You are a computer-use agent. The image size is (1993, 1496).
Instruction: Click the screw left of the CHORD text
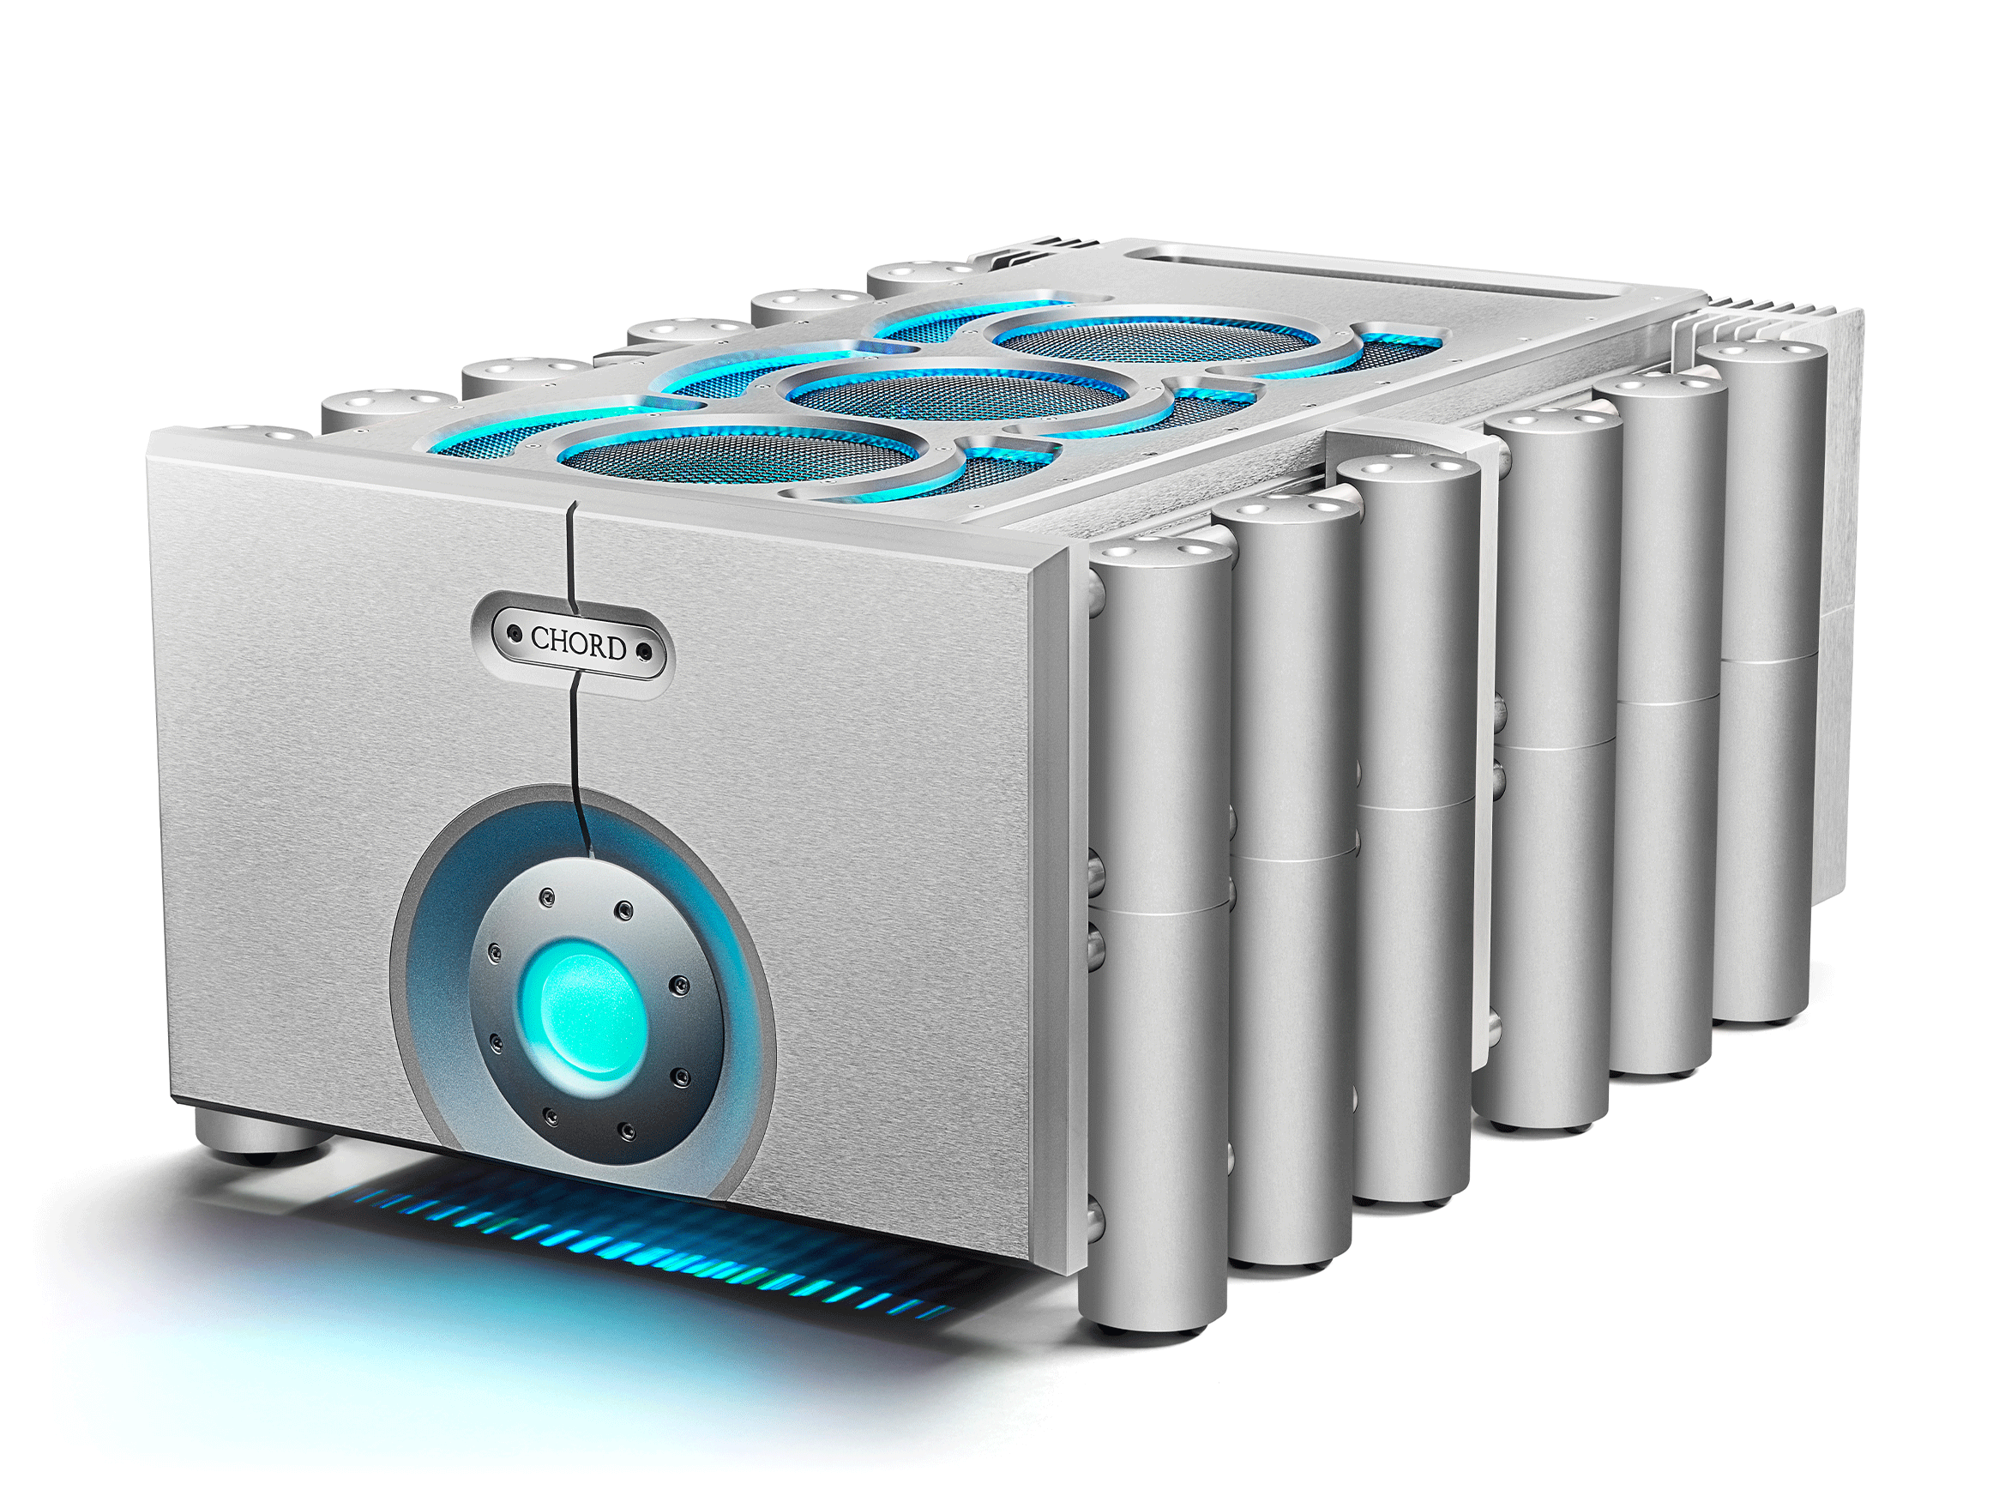(x=515, y=635)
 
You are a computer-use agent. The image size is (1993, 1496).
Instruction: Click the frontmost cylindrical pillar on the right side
(x=1158, y=938)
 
